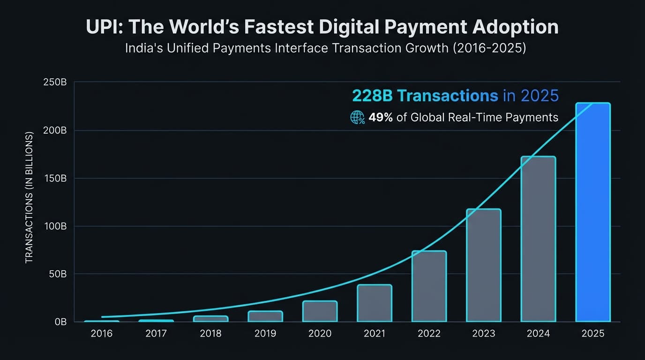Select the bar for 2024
(538, 239)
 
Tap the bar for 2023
(483, 265)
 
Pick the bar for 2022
(429, 286)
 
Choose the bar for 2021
(374, 303)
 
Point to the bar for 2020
(320, 311)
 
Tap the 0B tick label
(60, 322)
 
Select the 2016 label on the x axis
(102, 334)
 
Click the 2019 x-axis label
(265, 334)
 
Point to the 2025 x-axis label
(592, 334)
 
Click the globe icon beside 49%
(358, 117)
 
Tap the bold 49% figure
(380, 117)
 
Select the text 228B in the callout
(373, 96)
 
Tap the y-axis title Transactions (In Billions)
(29, 197)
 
